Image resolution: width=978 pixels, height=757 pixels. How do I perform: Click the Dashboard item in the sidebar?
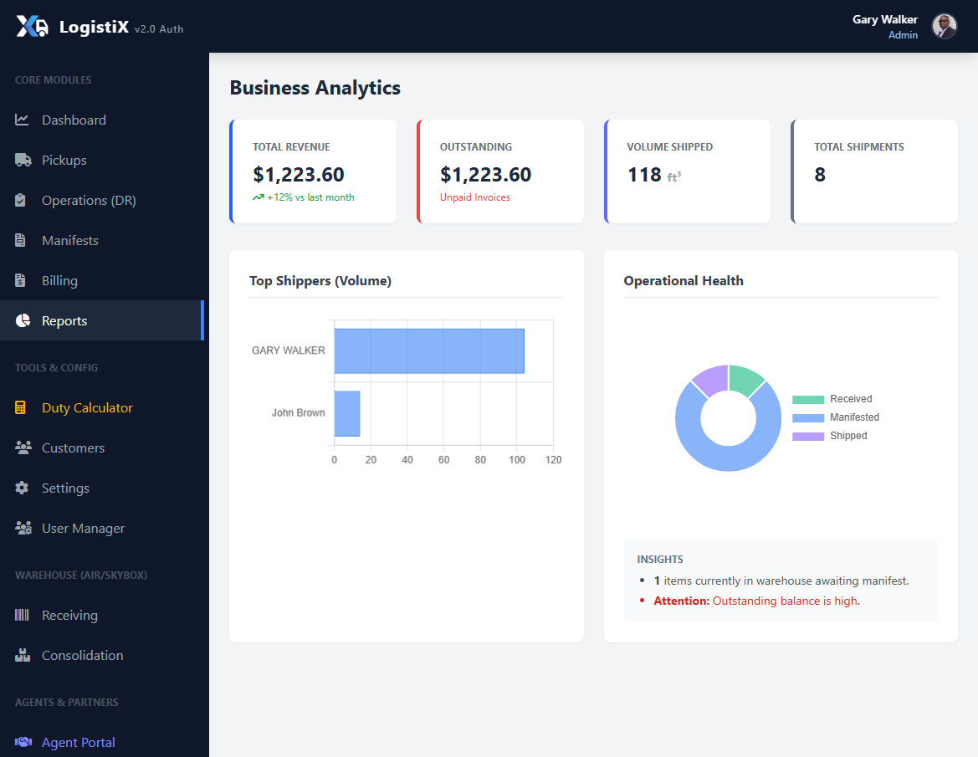(x=74, y=120)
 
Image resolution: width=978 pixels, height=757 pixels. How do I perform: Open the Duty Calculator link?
(x=87, y=407)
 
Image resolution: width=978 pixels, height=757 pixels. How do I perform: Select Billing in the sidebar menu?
(x=59, y=280)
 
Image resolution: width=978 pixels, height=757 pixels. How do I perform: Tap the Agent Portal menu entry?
(x=78, y=742)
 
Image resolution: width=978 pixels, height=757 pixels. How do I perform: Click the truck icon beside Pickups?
(x=23, y=160)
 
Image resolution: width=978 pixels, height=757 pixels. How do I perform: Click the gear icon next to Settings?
(x=23, y=488)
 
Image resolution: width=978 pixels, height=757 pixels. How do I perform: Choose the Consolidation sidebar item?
(x=82, y=655)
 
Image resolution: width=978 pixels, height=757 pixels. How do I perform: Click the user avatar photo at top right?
(x=944, y=27)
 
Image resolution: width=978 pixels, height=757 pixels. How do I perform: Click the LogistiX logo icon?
(x=33, y=27)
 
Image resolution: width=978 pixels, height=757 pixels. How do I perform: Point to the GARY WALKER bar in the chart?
(x=429, y=350)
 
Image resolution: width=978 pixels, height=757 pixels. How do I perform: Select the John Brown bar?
(x=347, y=413)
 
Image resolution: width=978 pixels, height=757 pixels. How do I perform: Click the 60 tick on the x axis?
(x=443, y=460)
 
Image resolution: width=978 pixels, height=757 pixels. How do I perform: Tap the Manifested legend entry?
(x=853, y=417)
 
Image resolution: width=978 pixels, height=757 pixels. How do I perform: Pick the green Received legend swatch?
(x=808, y=400)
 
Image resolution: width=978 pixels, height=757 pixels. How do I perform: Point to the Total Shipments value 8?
(x=820, y=175)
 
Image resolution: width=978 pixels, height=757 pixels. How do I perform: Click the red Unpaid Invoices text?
(x=474, y=197)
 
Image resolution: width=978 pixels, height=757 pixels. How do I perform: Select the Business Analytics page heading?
(x=315, y=88)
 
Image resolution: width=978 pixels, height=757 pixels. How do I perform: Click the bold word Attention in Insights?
(x=681, y=601)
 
